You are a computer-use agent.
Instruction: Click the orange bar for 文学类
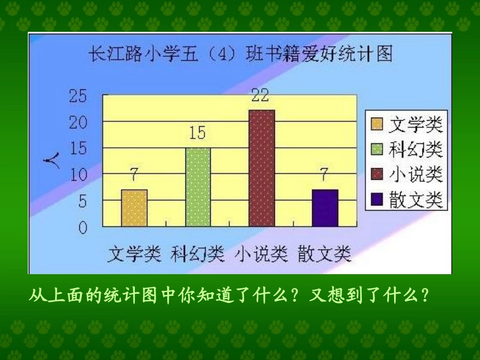(134, 208)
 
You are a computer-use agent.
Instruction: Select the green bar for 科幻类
(198, 187)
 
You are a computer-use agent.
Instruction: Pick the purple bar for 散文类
(324, 208)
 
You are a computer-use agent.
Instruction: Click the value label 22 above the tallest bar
(260, 96)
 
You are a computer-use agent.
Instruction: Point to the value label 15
(197, 133)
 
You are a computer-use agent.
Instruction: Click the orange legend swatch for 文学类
(377, 124)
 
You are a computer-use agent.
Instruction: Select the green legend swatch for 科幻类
(377, 149)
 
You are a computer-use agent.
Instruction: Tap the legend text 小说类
(416, 175)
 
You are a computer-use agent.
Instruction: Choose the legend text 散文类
(416, 200)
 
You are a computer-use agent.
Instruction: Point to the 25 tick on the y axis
(78, 96)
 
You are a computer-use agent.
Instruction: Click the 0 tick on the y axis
(82, 228)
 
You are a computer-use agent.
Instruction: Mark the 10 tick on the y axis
(78, 175)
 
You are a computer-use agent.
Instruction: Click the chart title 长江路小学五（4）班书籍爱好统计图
(240, 53)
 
